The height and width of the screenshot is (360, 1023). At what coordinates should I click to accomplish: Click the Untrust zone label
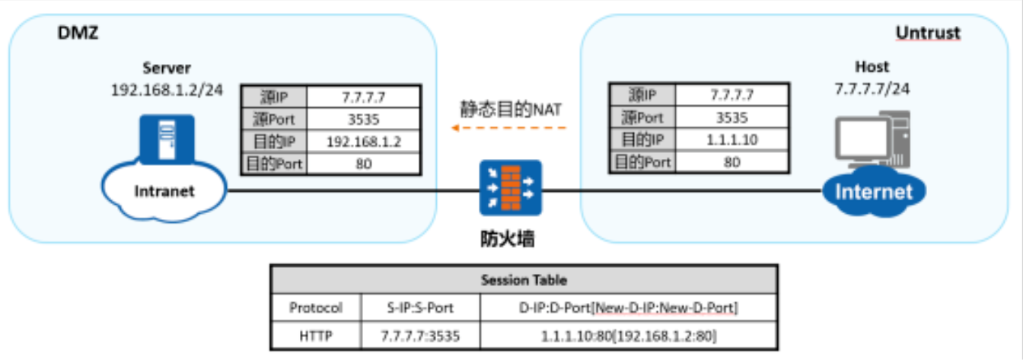click(927, 33)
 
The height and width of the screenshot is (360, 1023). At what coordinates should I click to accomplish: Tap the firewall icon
click(510, 187)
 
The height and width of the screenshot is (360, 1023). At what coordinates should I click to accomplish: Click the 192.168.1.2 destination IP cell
click(362, 142)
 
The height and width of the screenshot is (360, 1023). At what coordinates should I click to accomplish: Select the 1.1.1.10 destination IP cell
click(731, 139)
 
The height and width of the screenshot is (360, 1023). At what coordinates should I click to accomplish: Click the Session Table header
click(524, 279)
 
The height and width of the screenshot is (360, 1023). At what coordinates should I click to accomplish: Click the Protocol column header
click(316, 307)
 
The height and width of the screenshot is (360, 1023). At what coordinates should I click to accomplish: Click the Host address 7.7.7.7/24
click(872, 88)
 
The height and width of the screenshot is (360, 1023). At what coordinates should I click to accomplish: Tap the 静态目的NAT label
click(511, 109)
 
